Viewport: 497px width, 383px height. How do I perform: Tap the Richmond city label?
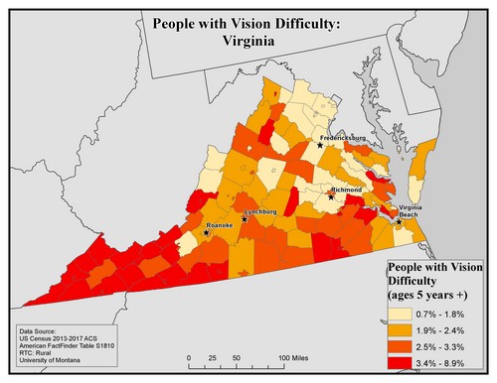tap(347, 188)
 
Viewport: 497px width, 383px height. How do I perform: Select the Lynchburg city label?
tap(258, 211)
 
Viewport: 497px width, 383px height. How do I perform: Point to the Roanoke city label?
tap(218, 225)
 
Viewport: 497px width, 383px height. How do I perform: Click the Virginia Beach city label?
tap(413, 210)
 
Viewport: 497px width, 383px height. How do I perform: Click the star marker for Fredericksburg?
tap(320, 145)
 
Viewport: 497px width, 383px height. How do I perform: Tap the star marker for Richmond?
tap(331, 196)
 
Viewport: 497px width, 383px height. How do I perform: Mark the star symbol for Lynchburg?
tap(244, 219)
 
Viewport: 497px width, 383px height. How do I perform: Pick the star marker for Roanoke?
tap(206, 233)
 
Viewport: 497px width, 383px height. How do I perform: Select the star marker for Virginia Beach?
tap(399, 221)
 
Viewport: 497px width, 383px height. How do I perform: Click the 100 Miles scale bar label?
tap(296, 358)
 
